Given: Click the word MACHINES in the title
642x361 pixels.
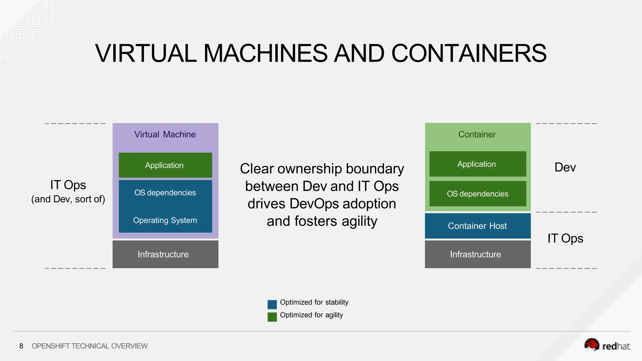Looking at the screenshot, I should click(266, 53).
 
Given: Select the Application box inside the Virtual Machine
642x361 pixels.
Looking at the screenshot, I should click(165, 165).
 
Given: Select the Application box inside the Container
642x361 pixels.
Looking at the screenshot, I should click(477, 164).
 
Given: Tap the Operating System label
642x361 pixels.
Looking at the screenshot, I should click(165, 220).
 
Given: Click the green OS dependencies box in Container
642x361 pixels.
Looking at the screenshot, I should click(477, 194).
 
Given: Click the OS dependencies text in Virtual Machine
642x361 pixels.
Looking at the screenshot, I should click(165, 193).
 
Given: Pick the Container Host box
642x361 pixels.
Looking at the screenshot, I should click(477, 226).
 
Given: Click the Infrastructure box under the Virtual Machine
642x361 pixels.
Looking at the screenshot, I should click(165, 254).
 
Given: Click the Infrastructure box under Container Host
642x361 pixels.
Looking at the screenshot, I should click(477, 254).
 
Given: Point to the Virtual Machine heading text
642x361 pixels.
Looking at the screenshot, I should click(165, 134).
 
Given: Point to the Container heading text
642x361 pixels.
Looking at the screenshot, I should click(477, 134).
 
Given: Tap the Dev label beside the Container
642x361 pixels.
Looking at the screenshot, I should click(565, 167).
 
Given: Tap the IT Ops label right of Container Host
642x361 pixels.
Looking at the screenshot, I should click(565, 238).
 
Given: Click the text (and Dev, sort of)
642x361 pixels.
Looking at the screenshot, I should click(68, 199).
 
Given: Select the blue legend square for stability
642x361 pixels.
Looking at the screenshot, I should click(272, 304).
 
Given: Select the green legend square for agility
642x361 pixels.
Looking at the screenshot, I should click(272, 317).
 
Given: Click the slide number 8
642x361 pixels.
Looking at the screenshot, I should click(21, 346).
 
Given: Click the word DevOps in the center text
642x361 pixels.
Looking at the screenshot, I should click(314, 204).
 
